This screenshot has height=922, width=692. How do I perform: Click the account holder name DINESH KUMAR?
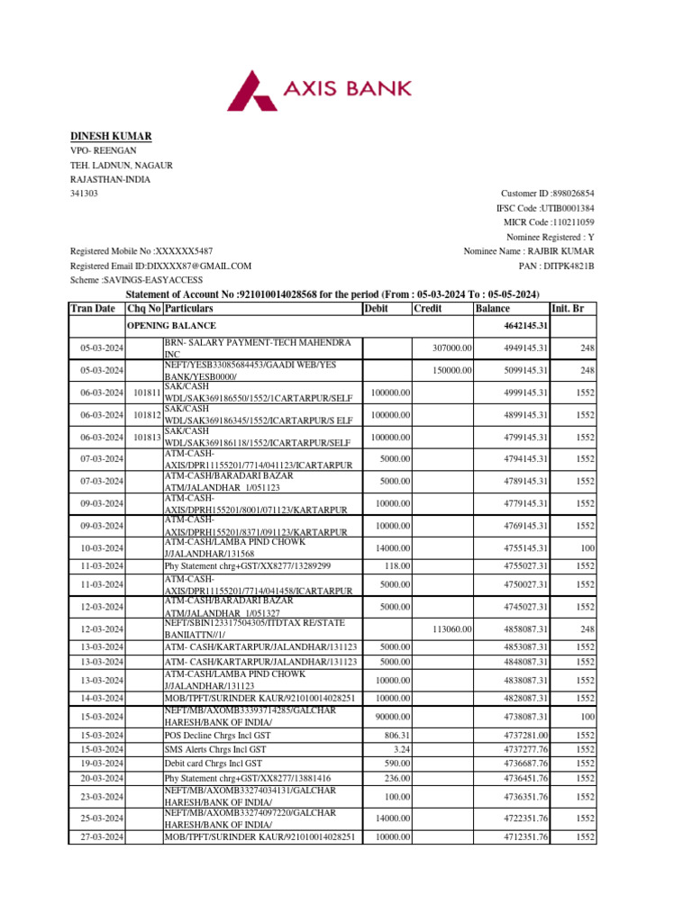click(x=111, y=136)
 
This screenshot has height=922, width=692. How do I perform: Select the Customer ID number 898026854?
click(x=569, y=194)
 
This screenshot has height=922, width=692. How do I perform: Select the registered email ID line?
click(x=161, y=266)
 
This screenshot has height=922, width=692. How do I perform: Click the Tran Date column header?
click(x=94, y=309)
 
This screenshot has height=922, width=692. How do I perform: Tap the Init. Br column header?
click(x=568, y=309)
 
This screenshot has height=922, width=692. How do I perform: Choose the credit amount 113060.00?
click(x=447, y=628)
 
